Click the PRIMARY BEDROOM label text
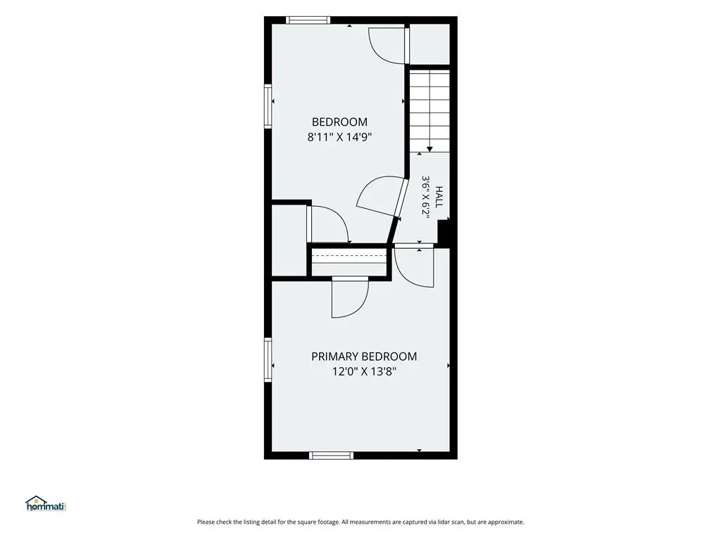364,356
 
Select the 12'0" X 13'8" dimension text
364,371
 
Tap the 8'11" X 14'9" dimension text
339,137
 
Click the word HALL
439,197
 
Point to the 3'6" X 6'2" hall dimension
426,197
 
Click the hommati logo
46,503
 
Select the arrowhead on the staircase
430,149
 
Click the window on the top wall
308,20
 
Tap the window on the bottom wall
332,456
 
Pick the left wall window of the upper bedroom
268,105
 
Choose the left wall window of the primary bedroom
268,359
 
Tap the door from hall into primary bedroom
414,266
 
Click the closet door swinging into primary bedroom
350,297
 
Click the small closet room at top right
430,44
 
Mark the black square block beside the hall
444,233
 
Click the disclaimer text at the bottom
360,522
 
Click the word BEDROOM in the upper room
339,122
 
